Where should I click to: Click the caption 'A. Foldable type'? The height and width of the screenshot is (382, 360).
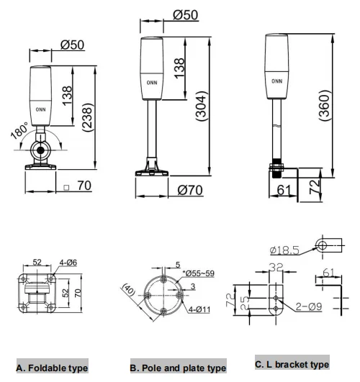pyautogui.click(x=52, y=368)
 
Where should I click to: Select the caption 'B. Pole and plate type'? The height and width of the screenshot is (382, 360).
pyautogui.click(x=178, y=368)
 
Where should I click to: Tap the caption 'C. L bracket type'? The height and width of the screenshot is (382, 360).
pyautogui.click(x=292, y=365)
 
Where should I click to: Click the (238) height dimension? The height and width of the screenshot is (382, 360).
pyautogui.click(x=88, y=118)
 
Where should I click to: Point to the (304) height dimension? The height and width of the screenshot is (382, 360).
pyautogui.click(x=202, y=106)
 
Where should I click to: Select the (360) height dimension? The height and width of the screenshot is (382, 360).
pyautogui.click(x=325, y=105)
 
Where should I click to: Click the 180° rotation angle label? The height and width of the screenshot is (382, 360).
pyautogui.click(x=19, y=131)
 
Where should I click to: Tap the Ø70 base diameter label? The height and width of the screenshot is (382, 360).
pyautogui.click(x=190, y=190)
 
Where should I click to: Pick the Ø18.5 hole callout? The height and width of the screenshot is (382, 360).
pyautogui.click(x=284, y=250)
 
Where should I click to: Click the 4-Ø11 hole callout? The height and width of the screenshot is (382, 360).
pyautogui.click(x=199, y=309)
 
